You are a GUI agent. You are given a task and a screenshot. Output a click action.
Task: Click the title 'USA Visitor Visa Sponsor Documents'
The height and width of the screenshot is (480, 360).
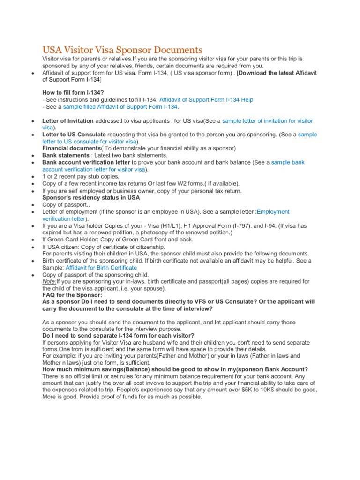coord(122,50)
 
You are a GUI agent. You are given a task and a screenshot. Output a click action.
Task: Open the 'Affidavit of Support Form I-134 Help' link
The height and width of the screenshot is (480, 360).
coord(206,100)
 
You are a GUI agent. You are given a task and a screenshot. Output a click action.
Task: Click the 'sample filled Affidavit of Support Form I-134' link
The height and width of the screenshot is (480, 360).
coord(120,107)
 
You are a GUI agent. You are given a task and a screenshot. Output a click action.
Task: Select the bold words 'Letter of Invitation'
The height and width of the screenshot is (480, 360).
coord(68,121)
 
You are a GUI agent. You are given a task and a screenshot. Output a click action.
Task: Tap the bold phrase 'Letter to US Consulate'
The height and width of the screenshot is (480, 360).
coord(74,135)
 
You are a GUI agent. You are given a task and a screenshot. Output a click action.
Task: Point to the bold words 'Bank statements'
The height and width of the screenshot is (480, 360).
coord(66,155)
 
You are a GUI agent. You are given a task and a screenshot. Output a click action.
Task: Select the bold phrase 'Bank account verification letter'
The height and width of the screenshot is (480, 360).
coord(86,162)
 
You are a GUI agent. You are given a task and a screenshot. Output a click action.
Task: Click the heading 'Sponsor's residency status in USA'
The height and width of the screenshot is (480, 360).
coord(91,198)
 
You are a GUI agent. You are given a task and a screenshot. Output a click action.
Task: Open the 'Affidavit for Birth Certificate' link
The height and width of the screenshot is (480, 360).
coord(100,268)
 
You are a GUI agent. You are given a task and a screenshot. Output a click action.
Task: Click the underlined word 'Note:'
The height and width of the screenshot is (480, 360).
coord(49,281)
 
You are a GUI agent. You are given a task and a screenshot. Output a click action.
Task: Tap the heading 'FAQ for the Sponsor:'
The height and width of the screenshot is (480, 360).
coord(72,295)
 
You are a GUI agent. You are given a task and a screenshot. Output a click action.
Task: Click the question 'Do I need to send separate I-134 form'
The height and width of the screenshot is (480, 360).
coord(118,335)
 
